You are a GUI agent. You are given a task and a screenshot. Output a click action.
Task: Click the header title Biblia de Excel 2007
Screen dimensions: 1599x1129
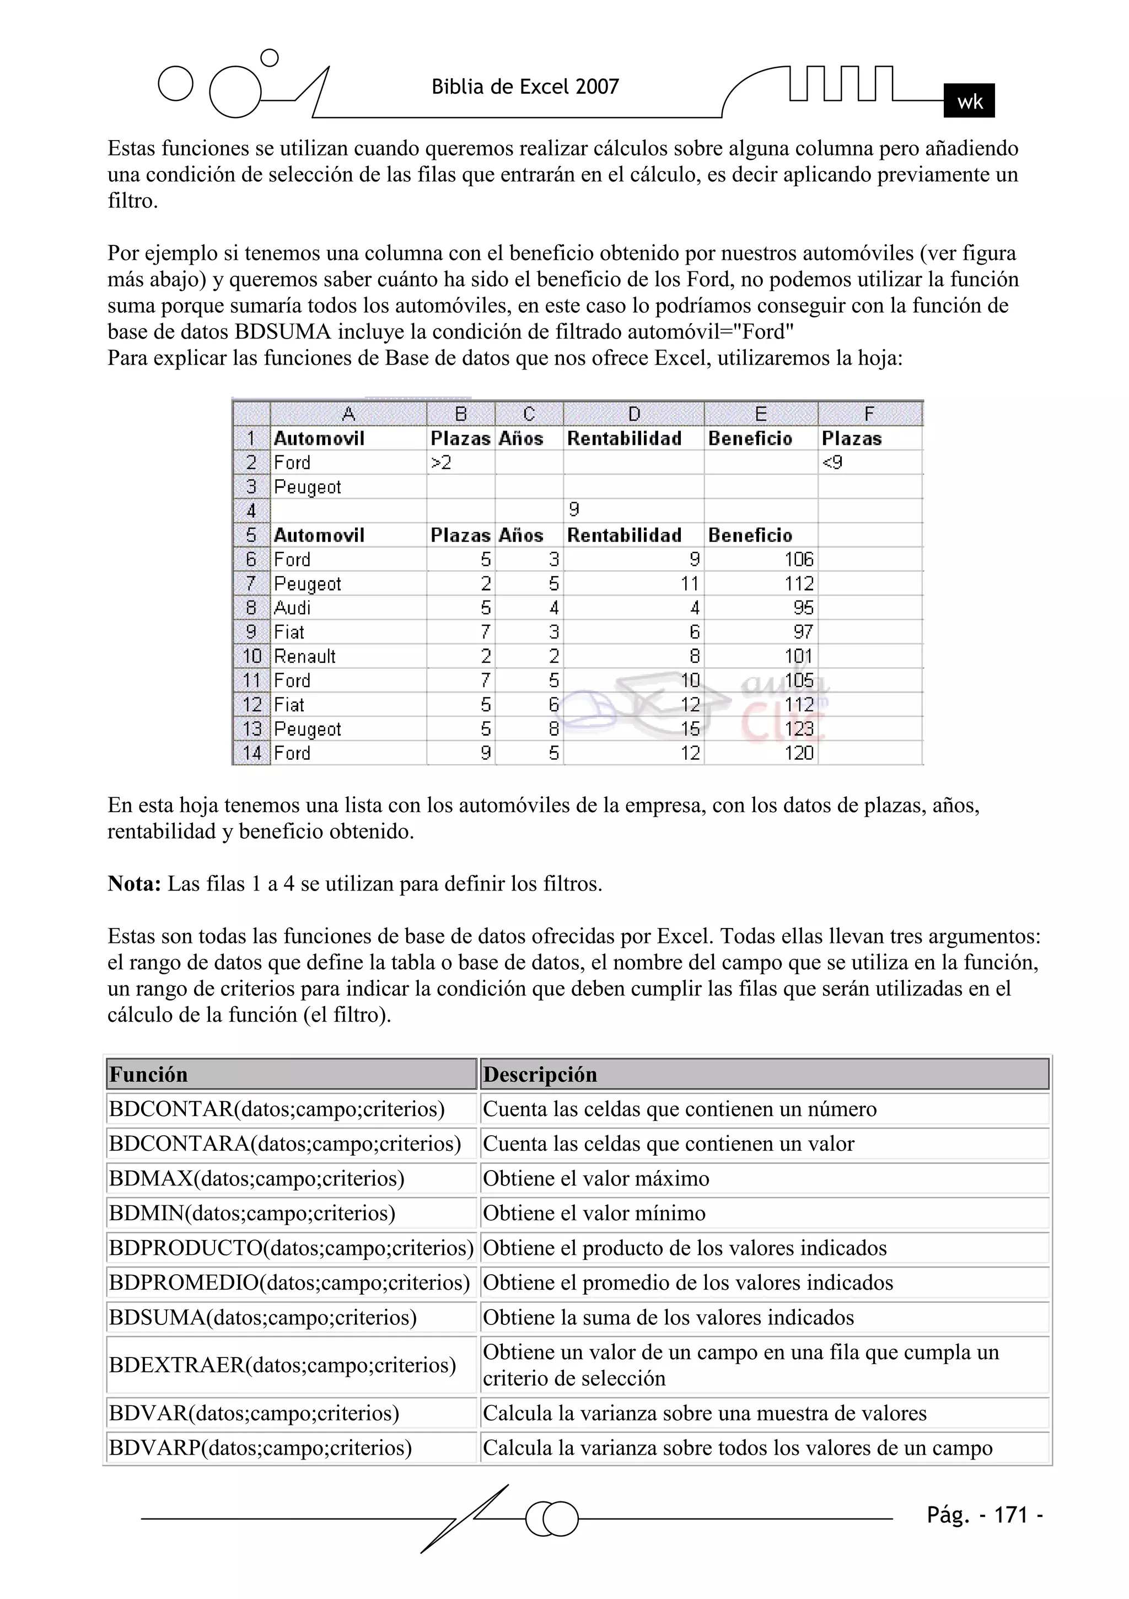coord(525,87)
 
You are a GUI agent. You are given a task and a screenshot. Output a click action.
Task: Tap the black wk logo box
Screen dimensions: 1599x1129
coord(969,101)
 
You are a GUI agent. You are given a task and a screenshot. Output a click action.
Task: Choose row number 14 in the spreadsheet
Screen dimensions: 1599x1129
coord(251,753)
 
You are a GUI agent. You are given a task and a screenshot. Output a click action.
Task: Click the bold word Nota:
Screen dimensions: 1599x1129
coord(135,884)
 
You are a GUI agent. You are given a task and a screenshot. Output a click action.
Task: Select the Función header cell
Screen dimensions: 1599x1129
coord(291,1075)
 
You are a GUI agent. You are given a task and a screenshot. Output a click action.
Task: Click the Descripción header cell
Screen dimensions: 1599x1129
coord(764,1075)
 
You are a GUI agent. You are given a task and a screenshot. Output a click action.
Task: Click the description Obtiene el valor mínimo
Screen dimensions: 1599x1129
coord(594,1213)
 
